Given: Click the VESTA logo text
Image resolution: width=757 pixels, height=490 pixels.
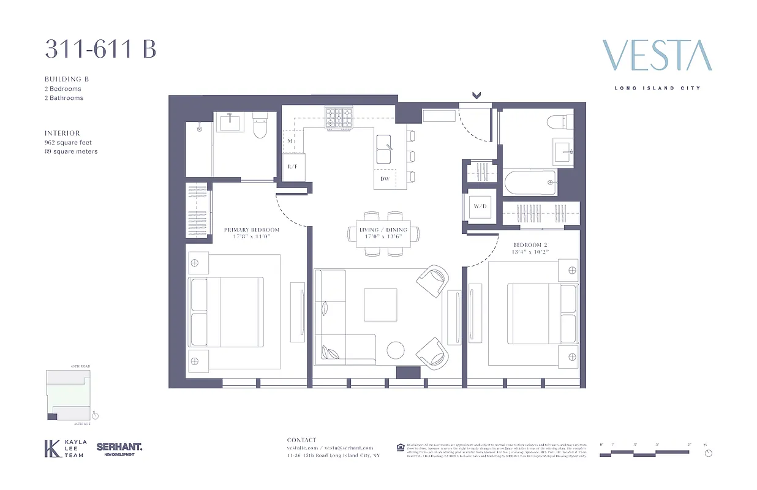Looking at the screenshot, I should pyautogui.click(x=657, y=56).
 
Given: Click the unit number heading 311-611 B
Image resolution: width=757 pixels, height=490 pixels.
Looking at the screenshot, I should pyautogui.click(x=100, y=50).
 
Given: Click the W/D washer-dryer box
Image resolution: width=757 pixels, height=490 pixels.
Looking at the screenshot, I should pyautogui.click(x=480, y=206).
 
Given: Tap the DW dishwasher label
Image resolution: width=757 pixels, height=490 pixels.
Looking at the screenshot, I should pyautogui.click(x=385, y=179).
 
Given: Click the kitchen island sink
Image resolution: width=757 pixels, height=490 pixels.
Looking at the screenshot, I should pyautogui.click(x=384, y=149).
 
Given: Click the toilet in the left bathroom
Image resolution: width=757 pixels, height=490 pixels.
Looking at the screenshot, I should pyautogui.click(x=260, y=127).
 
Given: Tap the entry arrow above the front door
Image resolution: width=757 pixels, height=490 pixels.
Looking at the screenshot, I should pyautogui.click(x=476, y=95).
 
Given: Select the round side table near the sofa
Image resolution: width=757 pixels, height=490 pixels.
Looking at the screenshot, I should pyautogui.click(x=396, y=350).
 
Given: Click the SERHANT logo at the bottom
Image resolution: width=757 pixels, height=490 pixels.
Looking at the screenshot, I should pyautogui.click(x=119, y=448).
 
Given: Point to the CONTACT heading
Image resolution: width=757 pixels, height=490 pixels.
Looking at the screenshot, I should pyautogui.click(x=302, y=440).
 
